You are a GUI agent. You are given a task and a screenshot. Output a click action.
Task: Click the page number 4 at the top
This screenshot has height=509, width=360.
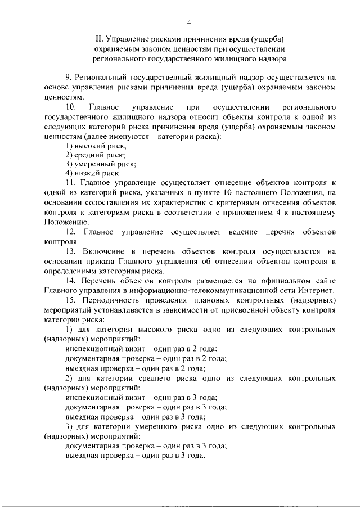click(x=189, y=22)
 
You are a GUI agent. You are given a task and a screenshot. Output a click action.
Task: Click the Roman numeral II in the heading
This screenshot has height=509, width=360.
click(x=99, y=39)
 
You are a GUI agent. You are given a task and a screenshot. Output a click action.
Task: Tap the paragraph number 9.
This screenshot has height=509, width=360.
click(x=68, y=78)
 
